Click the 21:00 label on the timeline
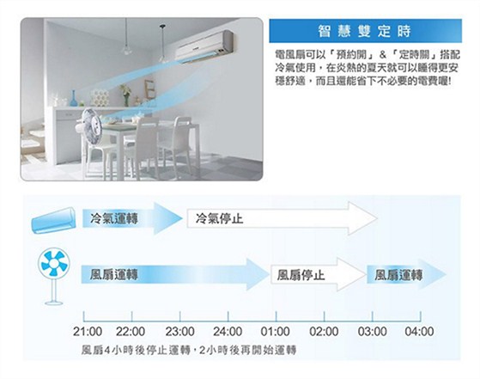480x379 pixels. coord(88,332)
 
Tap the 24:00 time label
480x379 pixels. coord(228,332)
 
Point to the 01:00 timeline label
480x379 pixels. coord(275,332)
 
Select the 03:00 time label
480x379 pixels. coord(373,332)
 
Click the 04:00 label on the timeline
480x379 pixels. coord(419,332)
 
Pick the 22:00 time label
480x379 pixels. coord(131,332)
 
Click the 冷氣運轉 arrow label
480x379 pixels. coord(114,219)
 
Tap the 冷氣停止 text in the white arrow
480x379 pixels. coord(219,219)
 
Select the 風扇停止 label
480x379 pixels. coord(301,275)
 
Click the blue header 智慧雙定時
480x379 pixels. coord(364,31)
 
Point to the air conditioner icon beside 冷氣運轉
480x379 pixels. coord(53,221)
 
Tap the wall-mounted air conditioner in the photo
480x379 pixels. coord(204,46)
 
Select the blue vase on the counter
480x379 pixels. coord(73,98)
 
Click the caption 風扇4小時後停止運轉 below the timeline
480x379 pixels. coord(136,350)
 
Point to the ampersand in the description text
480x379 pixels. coord(383,55)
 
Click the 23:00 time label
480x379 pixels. coord(179,332)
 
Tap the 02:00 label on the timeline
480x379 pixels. coord(324,332)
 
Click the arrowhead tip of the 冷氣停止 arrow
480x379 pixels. coord(377,219)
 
